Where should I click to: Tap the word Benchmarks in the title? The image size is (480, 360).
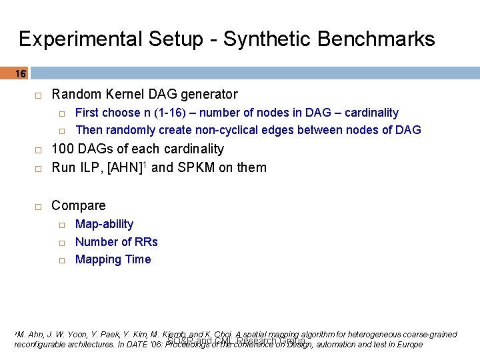point(377,39)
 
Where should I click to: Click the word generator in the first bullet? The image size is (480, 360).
point(209,95)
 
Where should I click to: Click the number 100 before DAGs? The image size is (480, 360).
point(63,149)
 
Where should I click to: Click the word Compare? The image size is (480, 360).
point(79,205)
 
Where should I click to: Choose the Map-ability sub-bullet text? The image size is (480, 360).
point(104,224)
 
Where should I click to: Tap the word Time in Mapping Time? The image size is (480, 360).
point(138,259)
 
